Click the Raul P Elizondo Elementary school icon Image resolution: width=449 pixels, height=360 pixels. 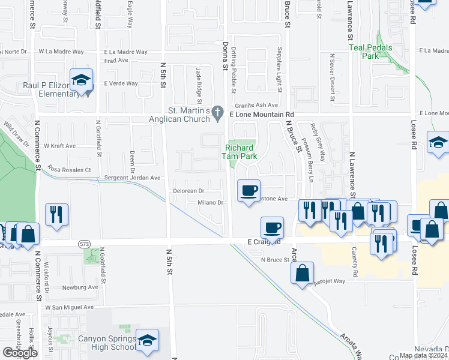pos(81,80)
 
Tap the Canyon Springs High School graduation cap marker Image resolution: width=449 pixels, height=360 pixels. pos(147,341)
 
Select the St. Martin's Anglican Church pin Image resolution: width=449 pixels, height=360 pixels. pos(221,112)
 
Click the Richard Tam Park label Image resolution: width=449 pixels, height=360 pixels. pos(241,153)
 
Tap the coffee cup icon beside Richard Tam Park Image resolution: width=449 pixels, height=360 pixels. pos(249,191)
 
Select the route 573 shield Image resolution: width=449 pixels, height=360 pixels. pos(84,244)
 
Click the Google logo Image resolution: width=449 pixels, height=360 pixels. pos(20,353)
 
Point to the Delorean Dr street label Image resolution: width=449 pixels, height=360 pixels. pos(189,191)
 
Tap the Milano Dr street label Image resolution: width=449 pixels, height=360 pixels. pos(211,203)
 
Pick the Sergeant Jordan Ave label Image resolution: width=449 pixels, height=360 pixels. pos(133,178)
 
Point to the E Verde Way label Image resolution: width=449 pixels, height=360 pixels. pos(121,84)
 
